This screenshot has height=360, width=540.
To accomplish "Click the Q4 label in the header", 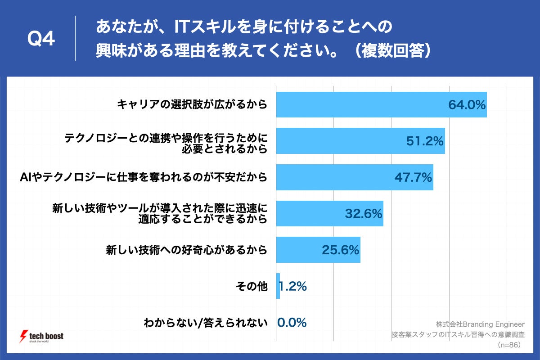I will point(41,40).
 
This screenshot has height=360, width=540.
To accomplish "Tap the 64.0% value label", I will point(467,105).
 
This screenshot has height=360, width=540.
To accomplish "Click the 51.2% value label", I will point(425,141).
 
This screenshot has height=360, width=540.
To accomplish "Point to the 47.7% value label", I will point(413,177).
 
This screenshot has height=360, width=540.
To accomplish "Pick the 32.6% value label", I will point(364,213).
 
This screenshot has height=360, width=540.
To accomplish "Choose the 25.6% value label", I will point(340,250).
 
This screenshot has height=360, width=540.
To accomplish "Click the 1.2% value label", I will point(293,286).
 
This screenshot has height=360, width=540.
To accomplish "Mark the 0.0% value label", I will point(292,322).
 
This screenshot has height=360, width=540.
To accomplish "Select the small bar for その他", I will point(278,286).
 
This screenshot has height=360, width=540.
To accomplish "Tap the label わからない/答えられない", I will point(206,322).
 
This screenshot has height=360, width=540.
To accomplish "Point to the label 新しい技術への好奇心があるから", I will point(186,250).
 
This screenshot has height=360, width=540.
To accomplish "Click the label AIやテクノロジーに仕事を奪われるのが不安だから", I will point(143,177).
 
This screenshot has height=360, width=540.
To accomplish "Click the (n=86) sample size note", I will point(509,345).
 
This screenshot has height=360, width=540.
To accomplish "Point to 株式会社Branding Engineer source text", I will point(480,324).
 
